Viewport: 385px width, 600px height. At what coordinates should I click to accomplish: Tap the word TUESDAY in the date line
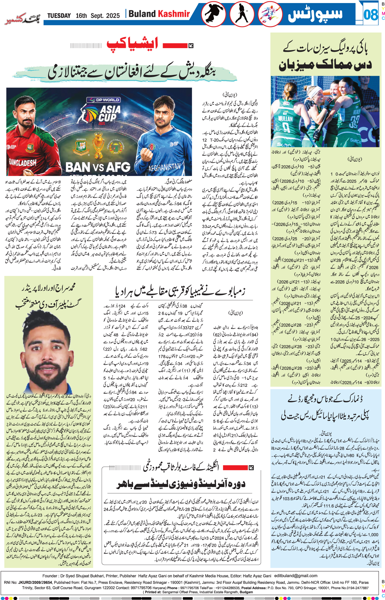(59, 16)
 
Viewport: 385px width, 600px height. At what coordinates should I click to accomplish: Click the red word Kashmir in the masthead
(174, 14)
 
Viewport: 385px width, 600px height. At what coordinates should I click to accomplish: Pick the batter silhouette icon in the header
(242, 14)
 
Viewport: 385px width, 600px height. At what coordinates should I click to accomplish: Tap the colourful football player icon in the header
(270, 14)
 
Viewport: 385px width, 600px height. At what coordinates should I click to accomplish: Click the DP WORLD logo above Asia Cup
(103, 100)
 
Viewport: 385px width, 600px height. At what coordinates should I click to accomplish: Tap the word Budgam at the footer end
(246, 592)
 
